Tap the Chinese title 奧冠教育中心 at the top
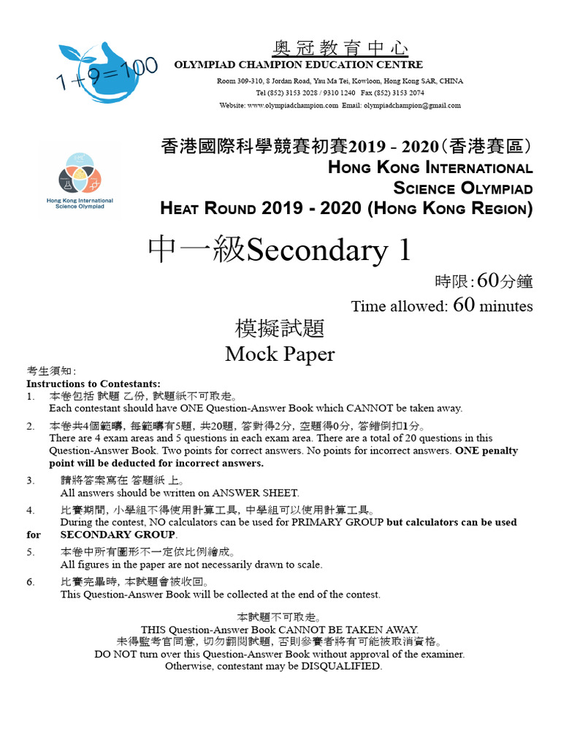click(x=340, y=48)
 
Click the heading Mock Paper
click(x=280, y=354)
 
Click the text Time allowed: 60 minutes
click(x=441, y=305)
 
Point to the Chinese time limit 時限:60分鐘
click(x=483, y=281)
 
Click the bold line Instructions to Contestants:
click(x=93, y=383)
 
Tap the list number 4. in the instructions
click(x=31, y=510)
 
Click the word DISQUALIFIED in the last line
click(x=342, y=666)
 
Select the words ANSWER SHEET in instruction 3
click(x=262, y=493)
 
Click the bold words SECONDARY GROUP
click(x=118, y=535)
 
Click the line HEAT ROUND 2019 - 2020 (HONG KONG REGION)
click(x=346, y=208)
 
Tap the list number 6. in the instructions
click(x=31, y=582)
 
